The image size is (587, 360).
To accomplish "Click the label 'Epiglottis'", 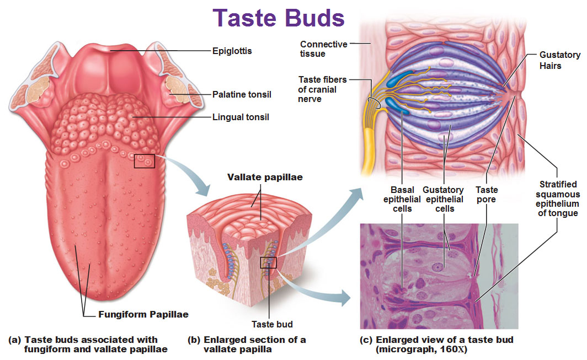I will coord(232,51).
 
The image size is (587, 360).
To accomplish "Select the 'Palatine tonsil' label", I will coord(242,95).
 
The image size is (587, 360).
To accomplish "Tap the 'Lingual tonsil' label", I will coord(240,117).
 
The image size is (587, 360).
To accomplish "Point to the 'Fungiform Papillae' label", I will coord(143,315).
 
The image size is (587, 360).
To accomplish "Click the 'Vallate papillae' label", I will coord(265,178).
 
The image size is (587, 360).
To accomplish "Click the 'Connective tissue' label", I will coord(323,49).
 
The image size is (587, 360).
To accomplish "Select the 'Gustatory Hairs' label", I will coord(558,60).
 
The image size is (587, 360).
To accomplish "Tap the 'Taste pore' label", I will coord(486,194).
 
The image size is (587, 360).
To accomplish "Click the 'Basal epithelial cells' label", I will coord(402,199).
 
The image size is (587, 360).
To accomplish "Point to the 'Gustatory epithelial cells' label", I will coord(445,199).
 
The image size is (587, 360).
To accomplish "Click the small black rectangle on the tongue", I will coord(145,161).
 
